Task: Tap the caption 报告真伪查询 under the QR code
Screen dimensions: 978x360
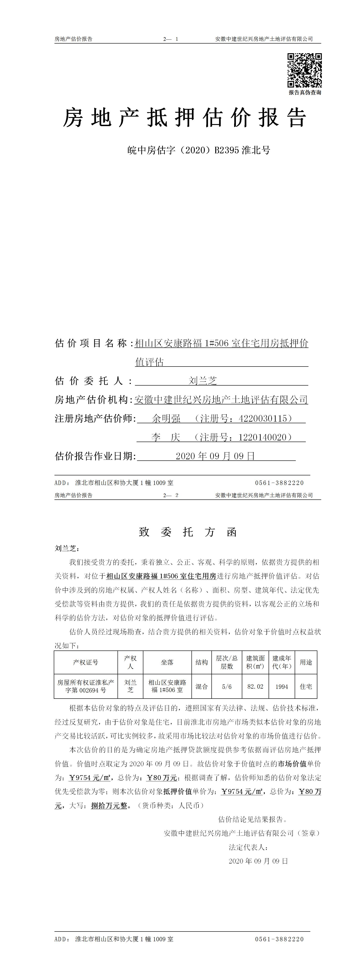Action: pyautogui.click(x=305, y=92)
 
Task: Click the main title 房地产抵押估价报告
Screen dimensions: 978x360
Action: pyautogui.click(x=185, y=118)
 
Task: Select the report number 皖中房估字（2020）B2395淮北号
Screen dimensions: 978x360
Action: pyautogui.click(x=199, y=150)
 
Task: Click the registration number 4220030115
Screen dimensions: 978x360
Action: pyautogui.click(x=263, y=418)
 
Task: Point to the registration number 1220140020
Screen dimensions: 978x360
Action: pyautogui.click(x=262, y=437)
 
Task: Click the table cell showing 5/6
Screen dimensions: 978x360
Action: pyautogui.click(x=227, y=686)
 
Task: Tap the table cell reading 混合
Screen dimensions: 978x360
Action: pyautogui.click(x=202, y=686)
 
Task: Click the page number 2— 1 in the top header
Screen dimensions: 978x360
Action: pyautogui.click(x=171, y=39)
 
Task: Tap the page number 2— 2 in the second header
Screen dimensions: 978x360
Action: pyautogui.click(x=171, y=495)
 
